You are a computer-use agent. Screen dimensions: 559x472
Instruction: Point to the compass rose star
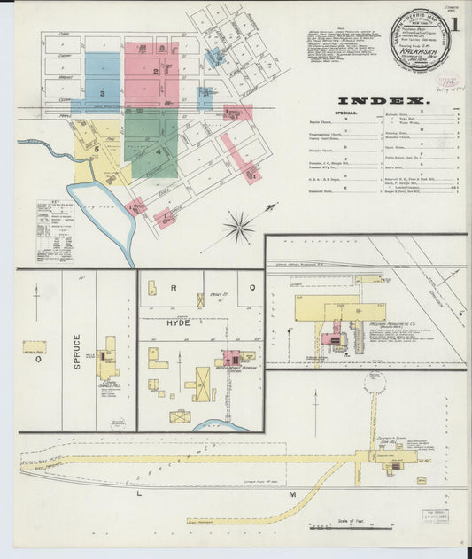[238, 228]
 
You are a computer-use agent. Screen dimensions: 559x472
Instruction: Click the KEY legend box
[54, 231]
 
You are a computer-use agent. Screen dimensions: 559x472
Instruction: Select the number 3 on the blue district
[103, 92]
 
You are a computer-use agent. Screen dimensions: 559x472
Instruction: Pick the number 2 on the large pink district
[155, 71]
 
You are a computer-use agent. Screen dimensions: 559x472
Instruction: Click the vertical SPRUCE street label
[77, 351]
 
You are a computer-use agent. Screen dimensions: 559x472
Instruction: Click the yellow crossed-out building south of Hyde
[180, 415]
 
